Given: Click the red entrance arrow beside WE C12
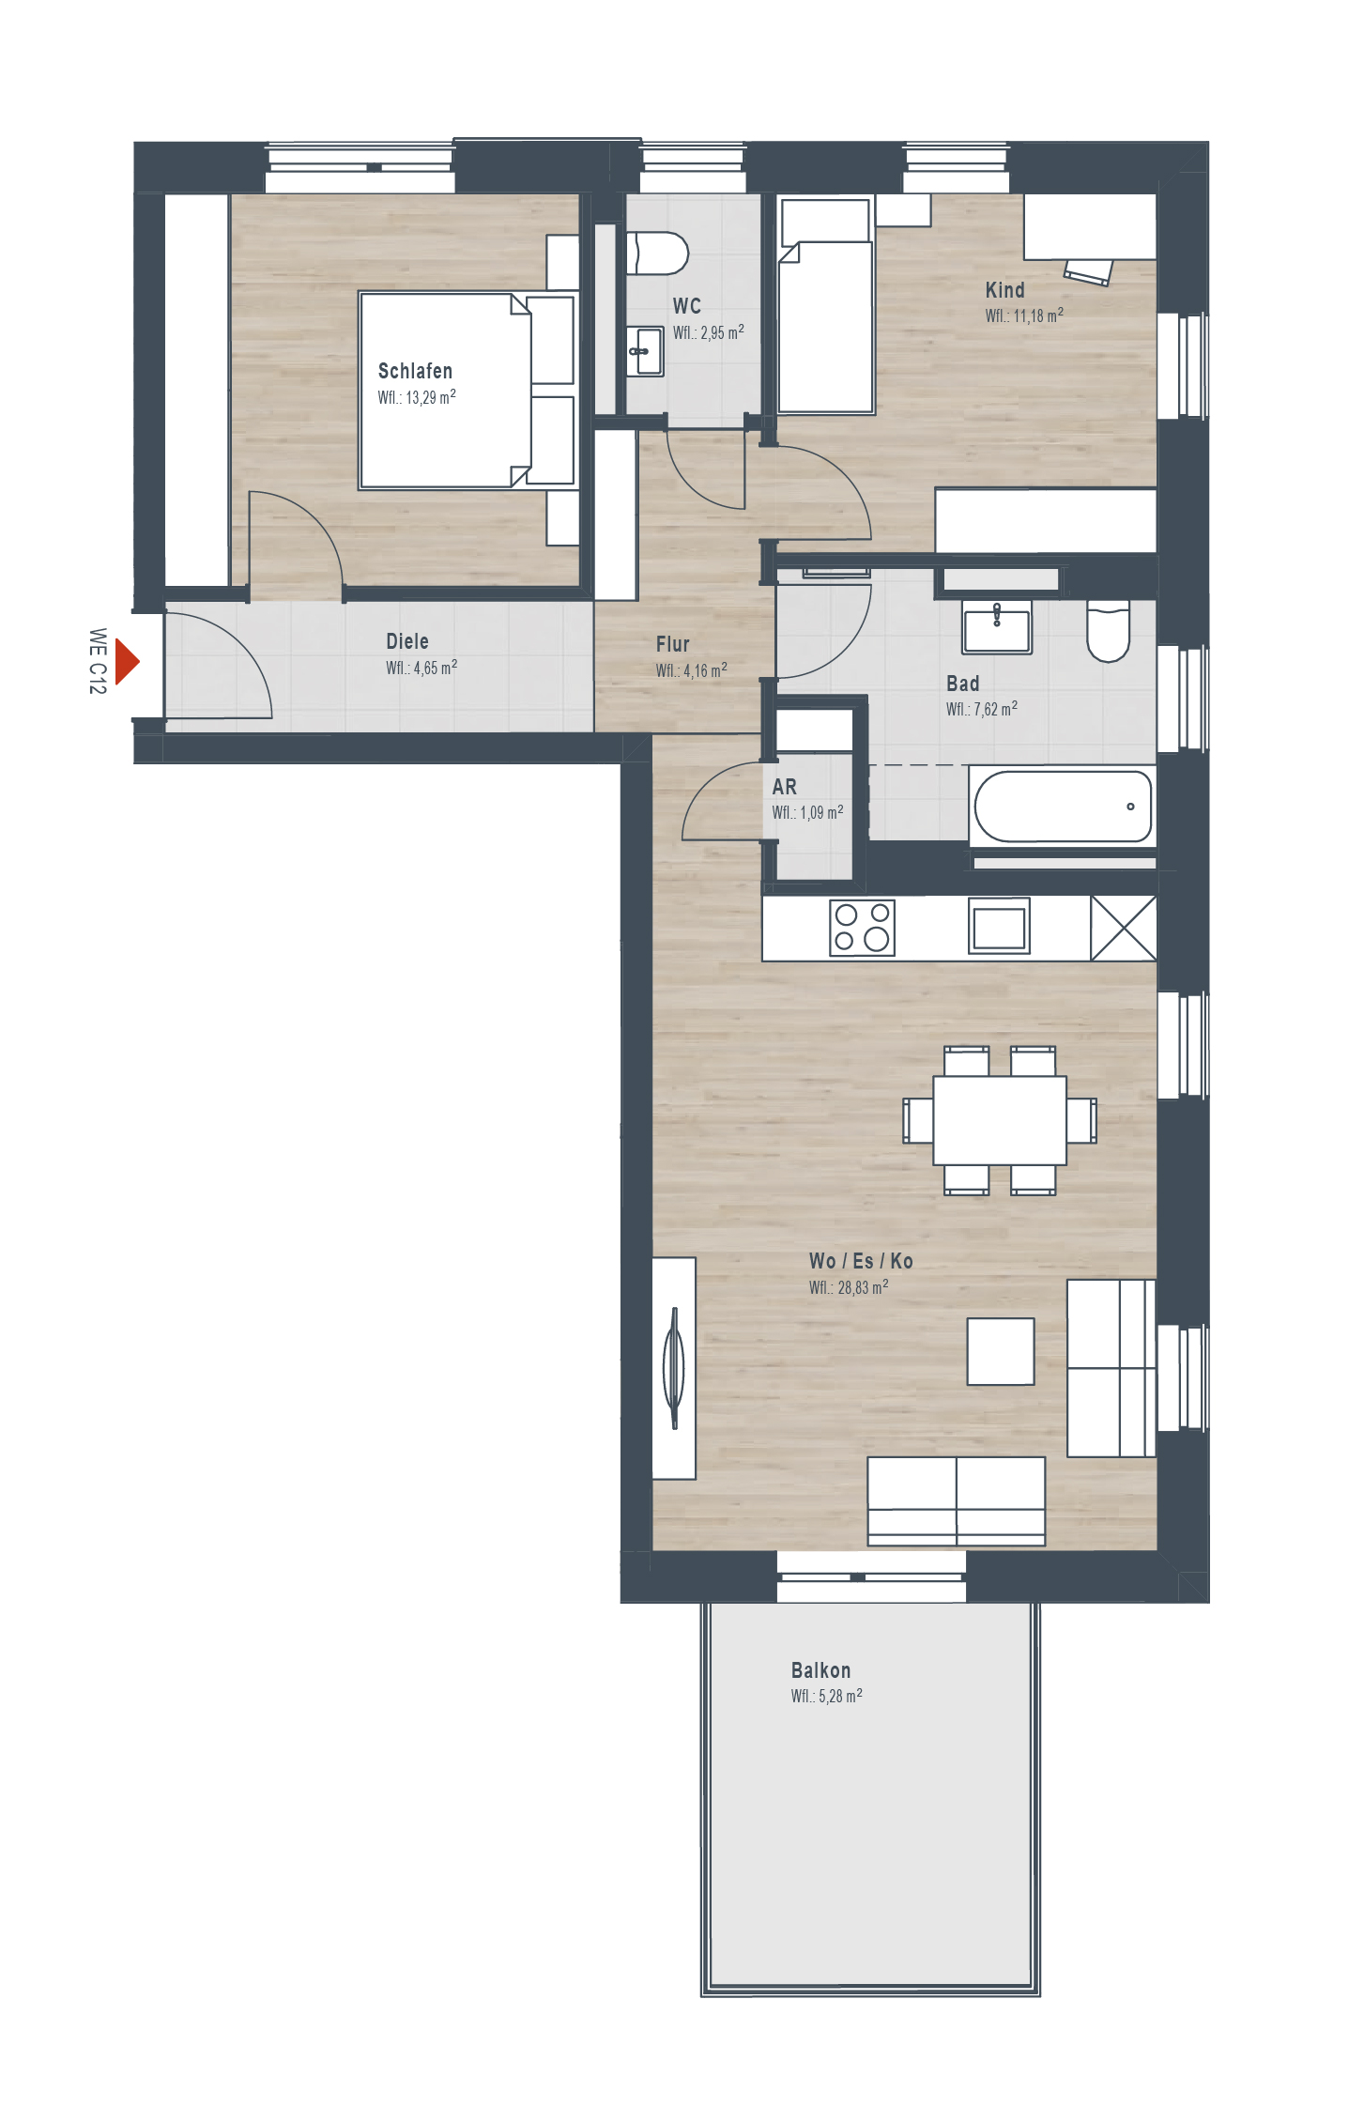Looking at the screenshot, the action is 127,662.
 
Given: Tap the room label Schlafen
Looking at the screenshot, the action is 415,371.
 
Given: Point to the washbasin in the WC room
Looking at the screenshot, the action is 645,351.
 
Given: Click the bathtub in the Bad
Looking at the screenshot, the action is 1063,807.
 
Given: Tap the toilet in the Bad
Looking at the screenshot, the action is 1108,631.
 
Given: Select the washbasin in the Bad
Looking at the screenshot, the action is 997,627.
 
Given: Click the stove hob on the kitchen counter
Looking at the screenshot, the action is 862,928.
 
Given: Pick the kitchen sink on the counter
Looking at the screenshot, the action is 999,927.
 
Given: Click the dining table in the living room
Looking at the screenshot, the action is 1000,1120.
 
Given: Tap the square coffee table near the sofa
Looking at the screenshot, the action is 1001,1351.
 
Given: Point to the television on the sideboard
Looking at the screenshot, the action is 674,1368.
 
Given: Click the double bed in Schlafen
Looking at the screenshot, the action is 467,391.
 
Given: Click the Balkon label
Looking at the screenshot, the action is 820,1670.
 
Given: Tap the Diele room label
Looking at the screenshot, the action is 407,641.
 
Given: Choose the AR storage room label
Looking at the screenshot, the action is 784,787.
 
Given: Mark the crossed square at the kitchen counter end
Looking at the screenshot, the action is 1124,929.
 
